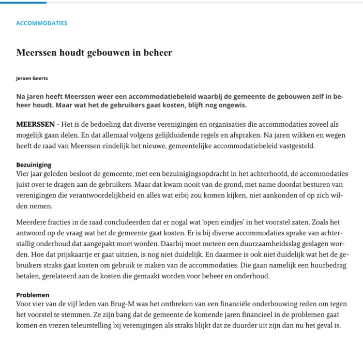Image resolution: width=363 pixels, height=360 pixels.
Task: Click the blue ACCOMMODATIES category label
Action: click(41, 23)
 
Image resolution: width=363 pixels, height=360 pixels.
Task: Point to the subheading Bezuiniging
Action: click(34, 164)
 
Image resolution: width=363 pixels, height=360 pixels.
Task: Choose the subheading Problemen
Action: click(33, 295)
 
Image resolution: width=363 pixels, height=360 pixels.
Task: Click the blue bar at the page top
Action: click(23, 2)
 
